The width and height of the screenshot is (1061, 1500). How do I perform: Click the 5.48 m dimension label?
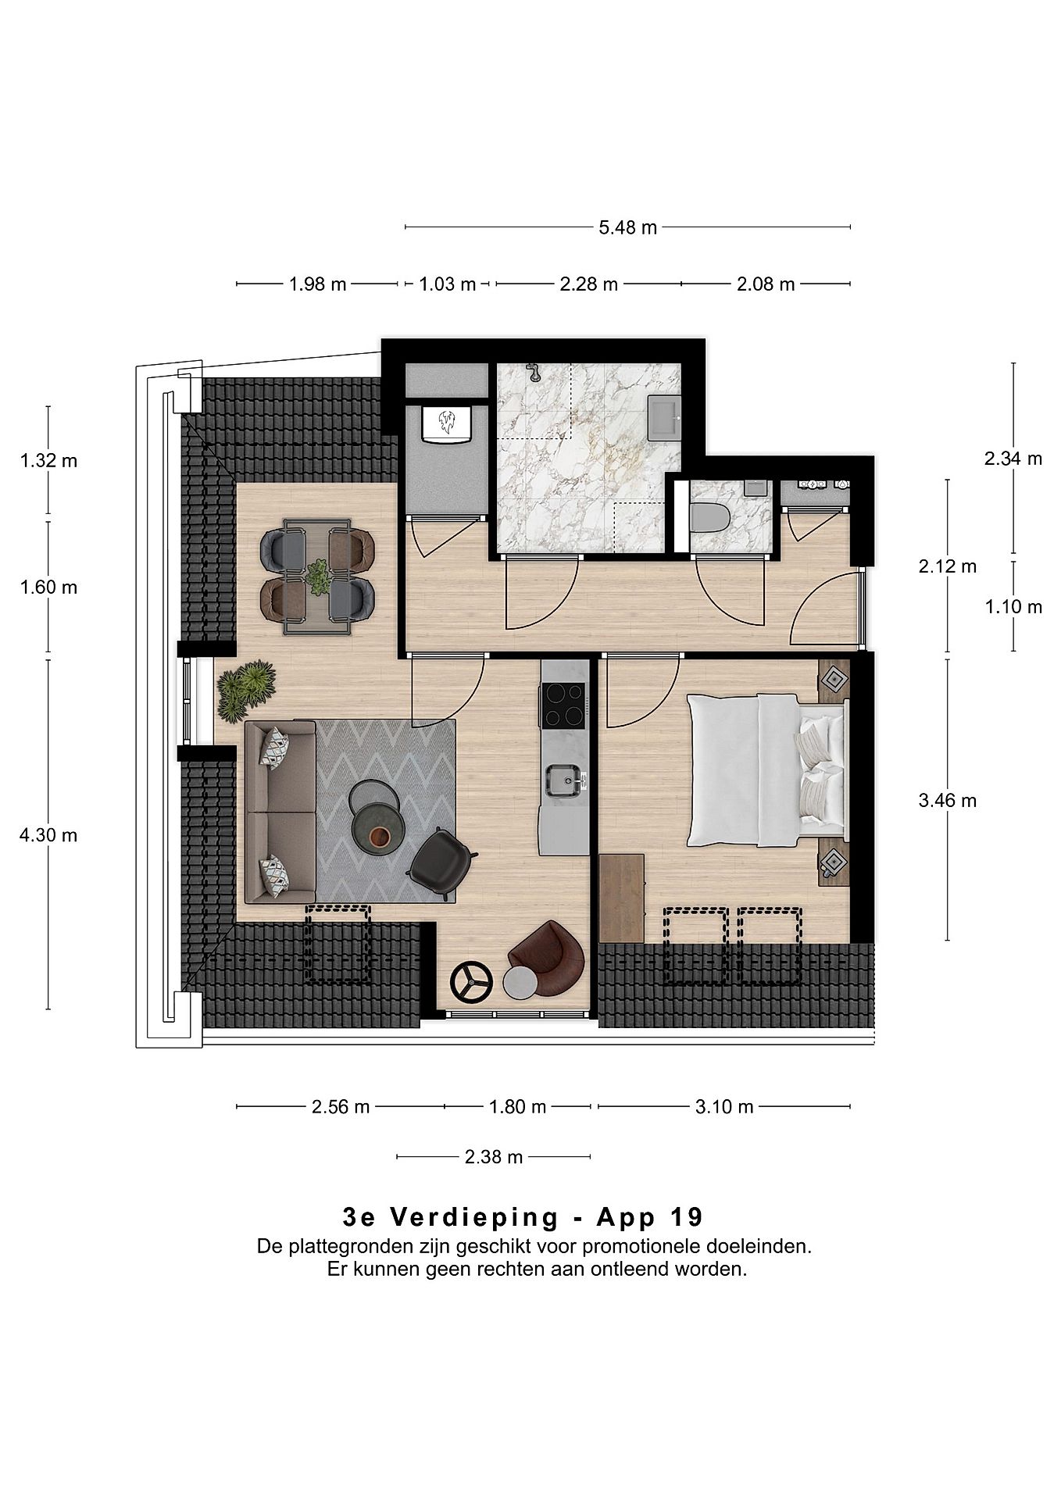627,228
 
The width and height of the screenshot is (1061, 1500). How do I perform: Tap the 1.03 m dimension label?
448,284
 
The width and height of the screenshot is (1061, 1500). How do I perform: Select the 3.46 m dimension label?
948,800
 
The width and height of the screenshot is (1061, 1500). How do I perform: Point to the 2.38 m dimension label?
494,1157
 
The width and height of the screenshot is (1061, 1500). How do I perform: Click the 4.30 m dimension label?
48,835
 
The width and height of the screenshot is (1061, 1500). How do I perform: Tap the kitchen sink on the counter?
564,780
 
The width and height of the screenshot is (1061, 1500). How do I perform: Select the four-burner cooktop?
563,705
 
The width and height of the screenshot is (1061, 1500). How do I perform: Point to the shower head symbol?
534,372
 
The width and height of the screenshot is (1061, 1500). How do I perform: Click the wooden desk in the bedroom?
622,898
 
